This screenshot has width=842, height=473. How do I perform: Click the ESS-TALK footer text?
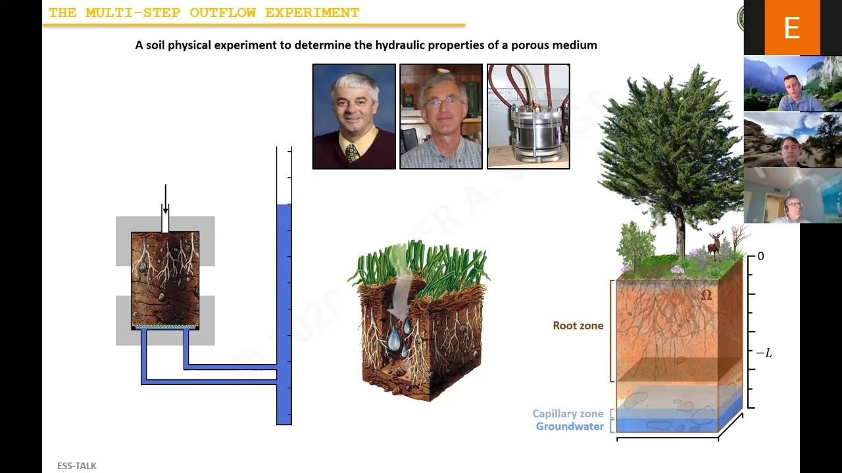[x=76, y=466]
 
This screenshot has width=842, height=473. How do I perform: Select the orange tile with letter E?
[x=792, y=28]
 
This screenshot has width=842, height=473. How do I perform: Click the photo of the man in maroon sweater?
[x=354, y=116]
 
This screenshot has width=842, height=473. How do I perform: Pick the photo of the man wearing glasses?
[x=441, y=116]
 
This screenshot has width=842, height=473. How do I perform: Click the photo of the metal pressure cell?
[x=528, y=116]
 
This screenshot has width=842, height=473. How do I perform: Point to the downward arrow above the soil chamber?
[x=165, y=200]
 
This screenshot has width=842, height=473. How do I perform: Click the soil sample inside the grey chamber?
[x=165, y=279]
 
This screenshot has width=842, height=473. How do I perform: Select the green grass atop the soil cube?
[x=421, y=263]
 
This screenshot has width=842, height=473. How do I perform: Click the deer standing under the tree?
[x=714, y=244]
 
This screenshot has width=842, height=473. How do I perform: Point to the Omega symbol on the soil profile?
[x=706, y=296]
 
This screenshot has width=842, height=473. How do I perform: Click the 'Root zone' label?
[x=578, y=326]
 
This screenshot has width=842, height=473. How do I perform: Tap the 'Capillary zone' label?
[x=567, y=414]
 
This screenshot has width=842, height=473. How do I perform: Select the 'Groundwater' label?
[x=569, y=427]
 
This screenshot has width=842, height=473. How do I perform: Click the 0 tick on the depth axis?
[x=760, y=257]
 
